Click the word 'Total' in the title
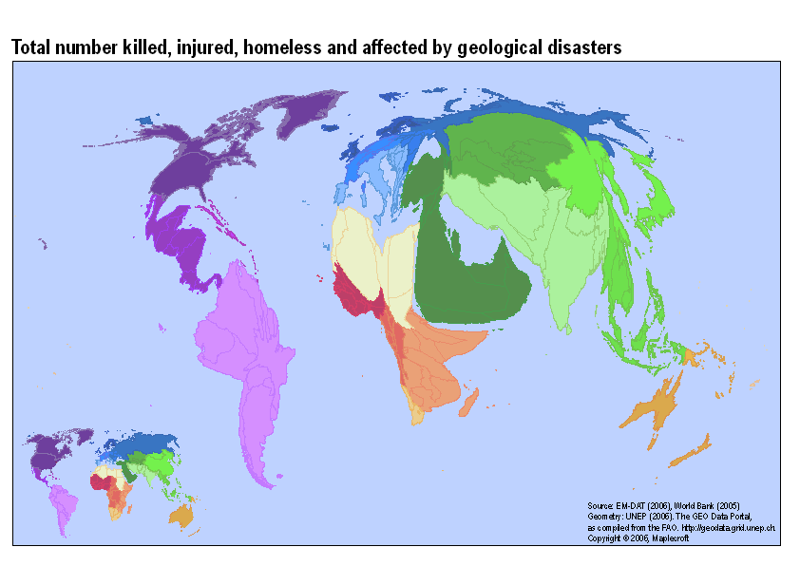click(x=31, y=47)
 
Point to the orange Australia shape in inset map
click(x=180, y=516)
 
